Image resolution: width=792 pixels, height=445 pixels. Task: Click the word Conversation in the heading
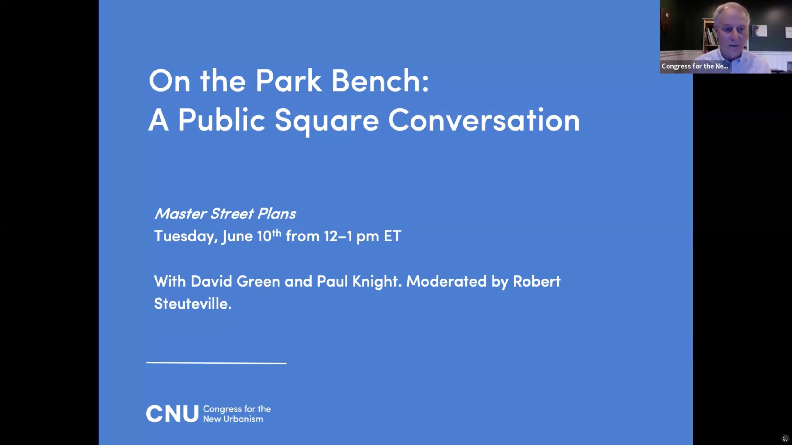point(484,120)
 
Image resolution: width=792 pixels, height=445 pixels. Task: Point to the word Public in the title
point(222,120)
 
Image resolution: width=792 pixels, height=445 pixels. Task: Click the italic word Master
point(181,214)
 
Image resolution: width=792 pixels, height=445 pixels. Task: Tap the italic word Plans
point(277,214)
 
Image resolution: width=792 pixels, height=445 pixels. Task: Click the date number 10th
point(269,235)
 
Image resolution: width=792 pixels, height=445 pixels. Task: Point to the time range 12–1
point(338,236)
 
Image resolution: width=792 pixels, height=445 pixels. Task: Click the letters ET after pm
point(392,236)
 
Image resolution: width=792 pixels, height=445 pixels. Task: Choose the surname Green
point(258,282)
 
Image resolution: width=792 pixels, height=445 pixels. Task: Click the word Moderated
point(446,282)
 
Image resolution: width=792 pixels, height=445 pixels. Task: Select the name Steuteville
point(193,304)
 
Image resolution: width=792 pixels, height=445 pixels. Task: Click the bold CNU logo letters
point(172,414)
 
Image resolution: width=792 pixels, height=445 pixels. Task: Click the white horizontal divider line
point(217,363)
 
